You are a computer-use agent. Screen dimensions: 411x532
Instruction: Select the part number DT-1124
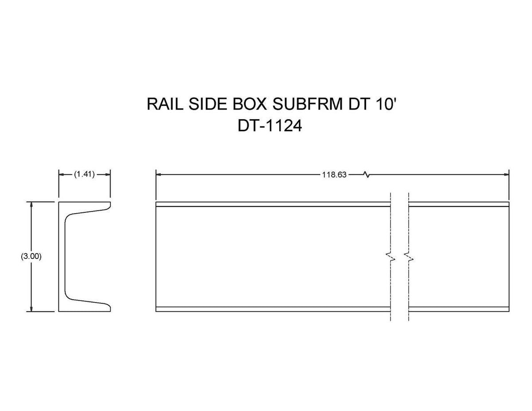coord(270,126)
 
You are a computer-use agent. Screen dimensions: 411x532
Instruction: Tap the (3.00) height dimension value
coord(31,256)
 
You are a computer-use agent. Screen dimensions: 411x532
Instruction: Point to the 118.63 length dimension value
coord(334,175)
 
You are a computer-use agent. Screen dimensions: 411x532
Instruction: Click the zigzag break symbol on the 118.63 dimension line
coord(366,174)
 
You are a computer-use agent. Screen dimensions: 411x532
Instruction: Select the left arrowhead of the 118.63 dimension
coord(159,174)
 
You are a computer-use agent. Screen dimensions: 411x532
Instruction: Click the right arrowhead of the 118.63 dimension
coord(506,174)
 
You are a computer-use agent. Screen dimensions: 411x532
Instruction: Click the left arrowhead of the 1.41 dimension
coord(62,174)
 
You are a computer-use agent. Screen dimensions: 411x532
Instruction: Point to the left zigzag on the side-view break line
coord(390,257)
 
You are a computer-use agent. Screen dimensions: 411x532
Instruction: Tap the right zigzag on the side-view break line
coord(408,257)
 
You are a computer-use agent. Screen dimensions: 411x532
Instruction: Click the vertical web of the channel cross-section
coord(62,256)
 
